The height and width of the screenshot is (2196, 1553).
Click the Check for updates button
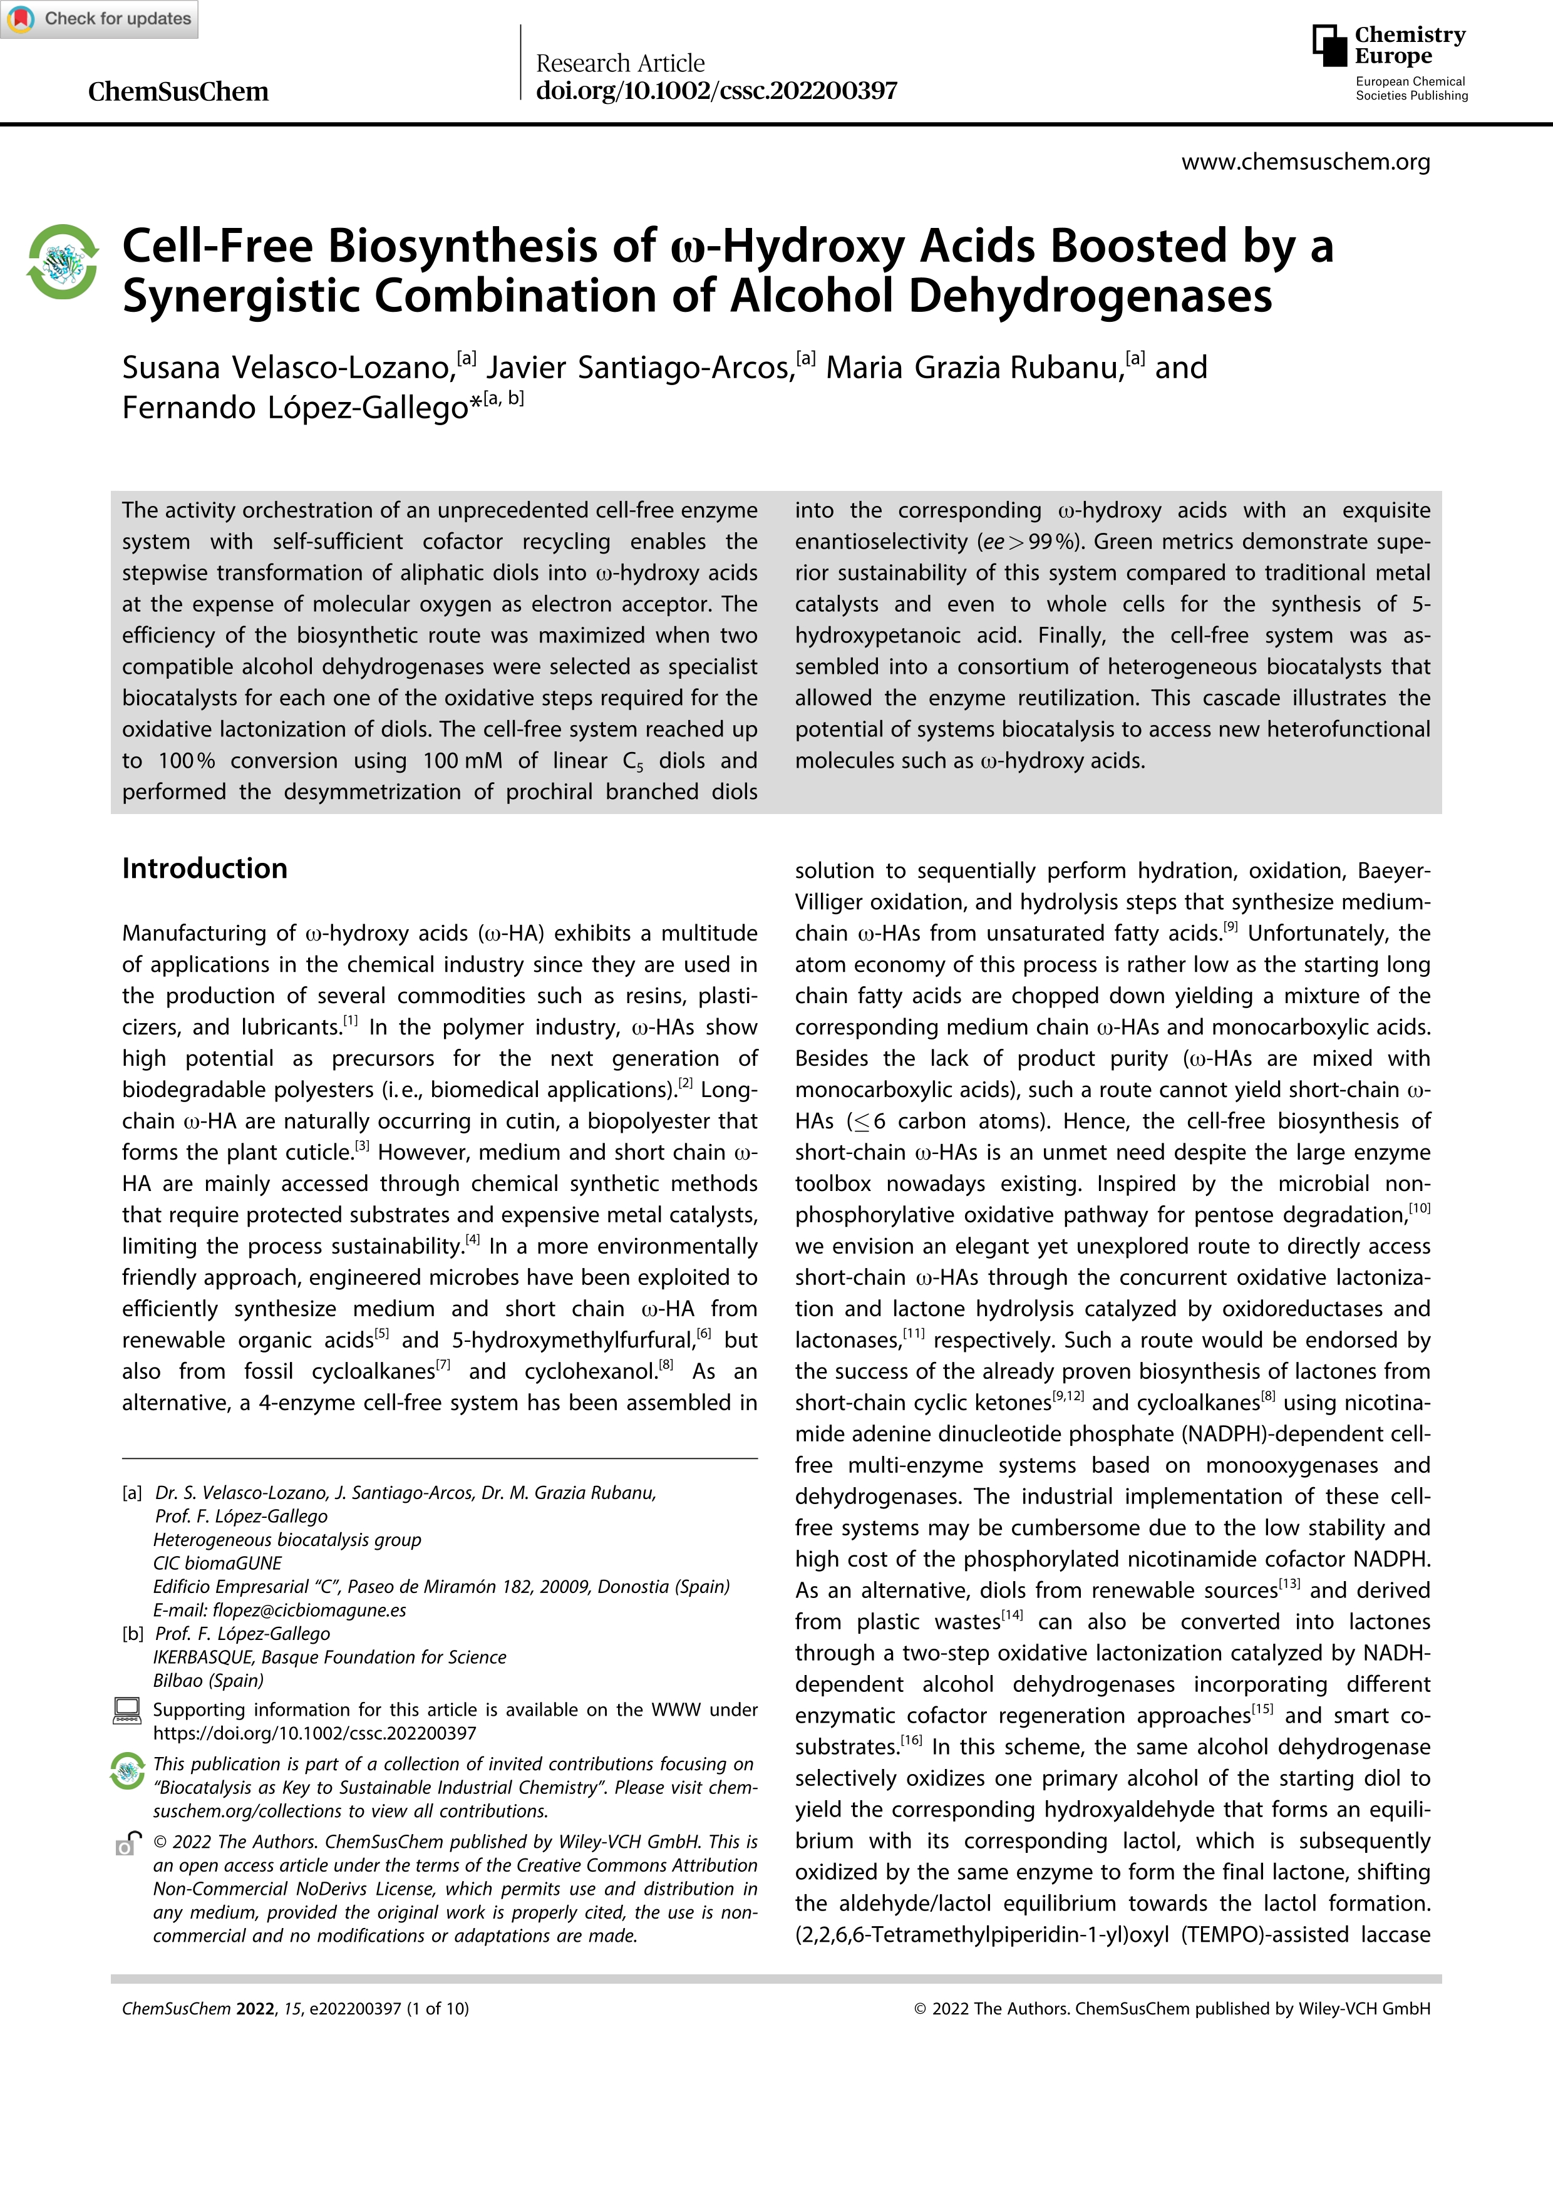(x=100, y=19)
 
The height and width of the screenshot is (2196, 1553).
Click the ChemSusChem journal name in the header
(x=178, y=92)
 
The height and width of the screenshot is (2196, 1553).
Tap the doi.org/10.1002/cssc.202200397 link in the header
(x=716, y=91)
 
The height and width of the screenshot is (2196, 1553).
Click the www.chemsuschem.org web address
(x=1305, y=163)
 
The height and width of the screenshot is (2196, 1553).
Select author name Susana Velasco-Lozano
(x=287, y=368)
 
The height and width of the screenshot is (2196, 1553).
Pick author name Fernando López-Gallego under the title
(x=294, y=408)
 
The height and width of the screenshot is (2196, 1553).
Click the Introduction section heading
(x=205, y=869)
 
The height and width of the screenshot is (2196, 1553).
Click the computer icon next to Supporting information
(x=127, y=1711)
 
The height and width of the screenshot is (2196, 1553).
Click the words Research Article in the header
(x=620, y=63)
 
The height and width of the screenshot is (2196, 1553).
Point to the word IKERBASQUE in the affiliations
(x=205, y=1657)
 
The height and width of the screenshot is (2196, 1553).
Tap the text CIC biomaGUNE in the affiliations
(x=217, y=1564)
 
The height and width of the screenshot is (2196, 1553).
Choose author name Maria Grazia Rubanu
(x=974, y=368)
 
